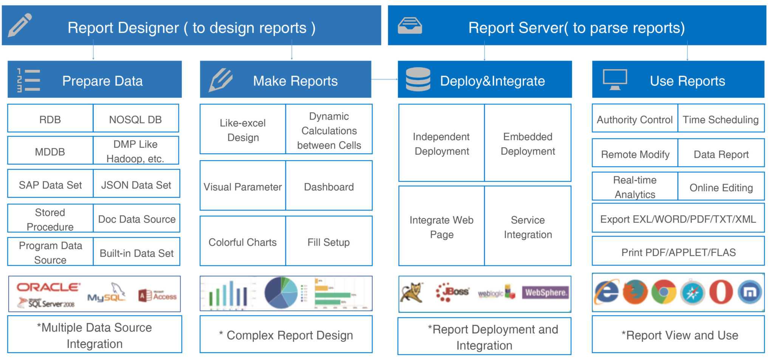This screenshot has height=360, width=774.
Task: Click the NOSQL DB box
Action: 136,119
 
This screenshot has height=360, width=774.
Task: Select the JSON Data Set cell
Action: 136,185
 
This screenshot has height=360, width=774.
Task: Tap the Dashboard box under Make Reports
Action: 329,186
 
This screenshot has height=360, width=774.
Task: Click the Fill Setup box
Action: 328,242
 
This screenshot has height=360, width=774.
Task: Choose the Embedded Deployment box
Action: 528,143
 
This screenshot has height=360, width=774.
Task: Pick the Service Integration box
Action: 528,227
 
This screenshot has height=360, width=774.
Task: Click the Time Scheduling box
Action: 721,119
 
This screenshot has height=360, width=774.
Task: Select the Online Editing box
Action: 721,187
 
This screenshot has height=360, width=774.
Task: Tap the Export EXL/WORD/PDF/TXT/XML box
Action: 678,219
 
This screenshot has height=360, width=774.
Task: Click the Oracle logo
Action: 48,287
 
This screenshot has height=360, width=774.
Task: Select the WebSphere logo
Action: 545,292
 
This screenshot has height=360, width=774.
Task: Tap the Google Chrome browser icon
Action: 664,292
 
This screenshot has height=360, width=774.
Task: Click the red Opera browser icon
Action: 720,292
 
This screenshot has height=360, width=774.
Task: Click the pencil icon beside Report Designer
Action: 20,25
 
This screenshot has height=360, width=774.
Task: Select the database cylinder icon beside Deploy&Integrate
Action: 418,79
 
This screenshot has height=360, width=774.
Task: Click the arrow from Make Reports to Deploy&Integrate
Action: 384,79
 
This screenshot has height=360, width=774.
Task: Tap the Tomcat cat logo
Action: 411,292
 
